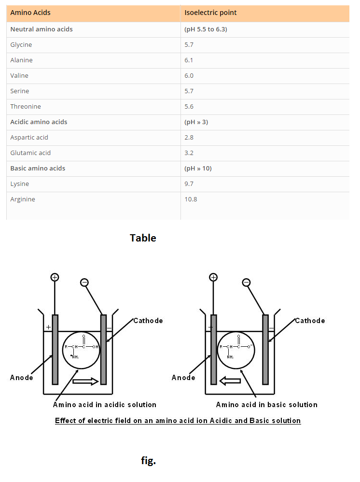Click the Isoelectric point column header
[210, 13]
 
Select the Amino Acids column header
[30, 13]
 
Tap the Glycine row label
[21, 45]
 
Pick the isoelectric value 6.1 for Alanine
[189, 60]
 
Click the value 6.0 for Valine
[189, 76]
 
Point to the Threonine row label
[26, 107]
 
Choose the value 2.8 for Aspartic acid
[189, 138]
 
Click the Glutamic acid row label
[30, 153]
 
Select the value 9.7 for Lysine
[189, 184]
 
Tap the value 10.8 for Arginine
[191, 199]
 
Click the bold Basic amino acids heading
[38, 169]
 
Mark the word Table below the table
[143, 238]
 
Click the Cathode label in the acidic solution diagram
[148, 321]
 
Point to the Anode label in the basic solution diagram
[183, 378]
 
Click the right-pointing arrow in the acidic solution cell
[85, 382]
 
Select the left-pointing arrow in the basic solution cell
[230, 382]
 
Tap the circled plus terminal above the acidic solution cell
[55, 277]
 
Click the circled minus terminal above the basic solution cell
[247, 282]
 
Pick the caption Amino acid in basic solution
[266, 405]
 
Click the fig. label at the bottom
[148, 461]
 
